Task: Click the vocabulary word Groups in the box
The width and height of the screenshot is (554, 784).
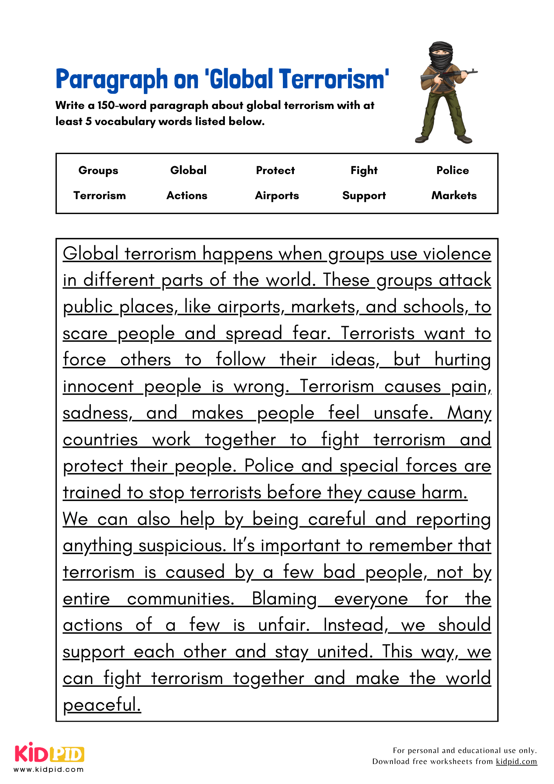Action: (98, 171)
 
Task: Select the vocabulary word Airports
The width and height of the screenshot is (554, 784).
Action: (277, 196)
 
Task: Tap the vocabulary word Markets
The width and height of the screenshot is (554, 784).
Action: (454, 196)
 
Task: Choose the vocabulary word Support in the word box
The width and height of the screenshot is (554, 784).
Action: (364, 196)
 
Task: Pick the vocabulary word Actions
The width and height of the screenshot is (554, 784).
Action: (187, 196)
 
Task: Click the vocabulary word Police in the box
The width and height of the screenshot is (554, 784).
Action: (453, 171)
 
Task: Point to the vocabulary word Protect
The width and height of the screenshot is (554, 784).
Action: (275, 171)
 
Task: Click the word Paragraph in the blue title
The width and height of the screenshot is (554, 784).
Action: (112, 80)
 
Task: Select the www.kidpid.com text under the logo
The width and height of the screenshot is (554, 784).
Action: (49, 769)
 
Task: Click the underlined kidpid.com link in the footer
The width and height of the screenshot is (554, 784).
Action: (516, 761)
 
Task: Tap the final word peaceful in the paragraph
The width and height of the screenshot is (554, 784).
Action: (101, 705)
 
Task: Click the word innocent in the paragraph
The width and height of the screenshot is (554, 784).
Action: (98, 387)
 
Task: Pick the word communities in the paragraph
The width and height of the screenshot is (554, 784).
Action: (180, 599)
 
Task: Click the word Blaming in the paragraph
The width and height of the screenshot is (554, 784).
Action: (284, 599)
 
